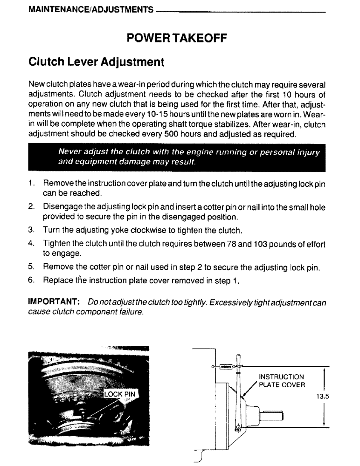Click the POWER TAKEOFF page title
pyautogui.click(x=177, y=38)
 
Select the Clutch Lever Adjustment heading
pyautogui.click(x=96, y=62)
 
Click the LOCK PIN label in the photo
pyautogui.click(x=119, y=394)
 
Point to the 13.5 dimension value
pyautogui.click(x=323, y=397)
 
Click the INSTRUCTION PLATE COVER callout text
pyautogui.click(x=282, y=381)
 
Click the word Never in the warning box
pyautogui.click(x=69, y=151)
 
